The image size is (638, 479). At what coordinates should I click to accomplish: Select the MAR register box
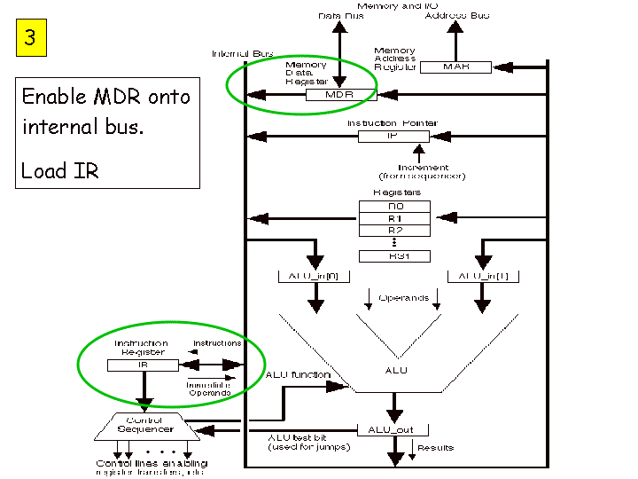455,66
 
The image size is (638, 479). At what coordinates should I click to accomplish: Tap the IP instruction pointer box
393,137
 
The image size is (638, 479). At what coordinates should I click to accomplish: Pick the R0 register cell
394,206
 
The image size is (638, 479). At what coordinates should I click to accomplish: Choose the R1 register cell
394,218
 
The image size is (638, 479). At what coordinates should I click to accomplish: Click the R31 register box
394,255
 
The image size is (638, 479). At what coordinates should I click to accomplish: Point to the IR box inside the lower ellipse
142,365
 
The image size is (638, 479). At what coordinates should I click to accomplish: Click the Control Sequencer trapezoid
144,426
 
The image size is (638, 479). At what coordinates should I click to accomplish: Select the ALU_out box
393,429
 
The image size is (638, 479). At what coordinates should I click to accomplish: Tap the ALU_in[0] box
314,277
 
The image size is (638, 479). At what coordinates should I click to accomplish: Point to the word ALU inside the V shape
397,369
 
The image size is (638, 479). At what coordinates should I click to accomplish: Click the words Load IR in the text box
60,170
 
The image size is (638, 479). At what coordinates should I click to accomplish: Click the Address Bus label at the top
456,15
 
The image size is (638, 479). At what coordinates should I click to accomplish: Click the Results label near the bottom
435,448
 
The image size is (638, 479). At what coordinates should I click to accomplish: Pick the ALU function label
297,375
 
